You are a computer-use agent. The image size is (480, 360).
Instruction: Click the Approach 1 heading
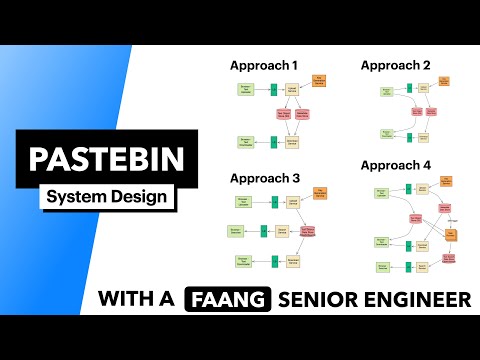coord(264,66)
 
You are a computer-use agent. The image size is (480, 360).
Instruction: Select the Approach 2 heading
coord(396,66)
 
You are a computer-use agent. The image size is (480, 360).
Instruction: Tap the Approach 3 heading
coord(264,178)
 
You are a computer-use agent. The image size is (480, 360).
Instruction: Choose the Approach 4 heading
coord(396,164)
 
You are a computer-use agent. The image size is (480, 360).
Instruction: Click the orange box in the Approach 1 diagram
coord(320,81)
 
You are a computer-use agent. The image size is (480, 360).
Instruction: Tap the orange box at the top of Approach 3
coord(320,191)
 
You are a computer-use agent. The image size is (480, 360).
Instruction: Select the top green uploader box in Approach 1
coord(245,90)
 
